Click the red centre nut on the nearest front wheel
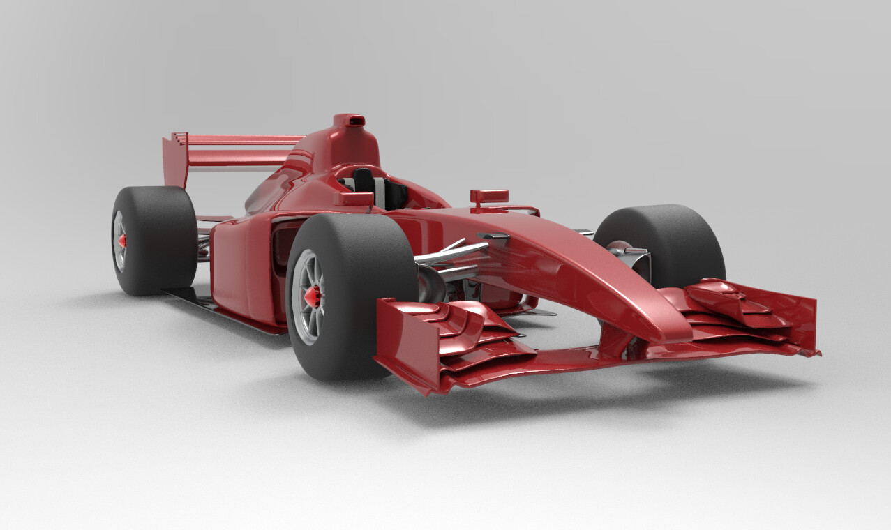(x=312, y=296)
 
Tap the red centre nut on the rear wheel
(x=123, y=241)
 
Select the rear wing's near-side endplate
(x=175, y=160)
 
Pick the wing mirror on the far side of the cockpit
(x=489, y=196)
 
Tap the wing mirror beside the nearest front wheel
(x=354, y=199)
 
